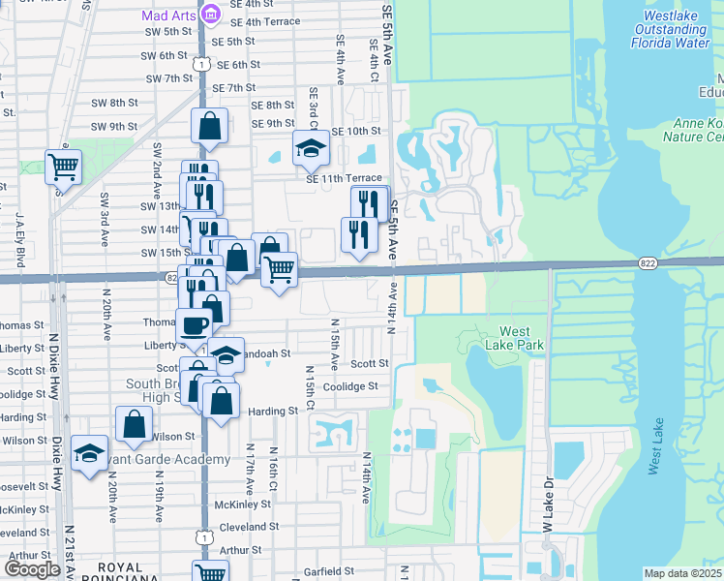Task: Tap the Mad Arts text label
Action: pyautogui.click(x=169, y=15)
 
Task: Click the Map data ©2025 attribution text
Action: pyautogui.click(x=683, y=573)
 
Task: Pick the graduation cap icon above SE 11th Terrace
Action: pyautogui.click(x=312, y=148)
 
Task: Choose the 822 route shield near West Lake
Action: pyautogui.click(x=649, y=262)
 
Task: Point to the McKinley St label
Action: pyautogui.click(x=242, y=504)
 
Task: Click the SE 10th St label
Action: pyautogui.click(x=356, y=131)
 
